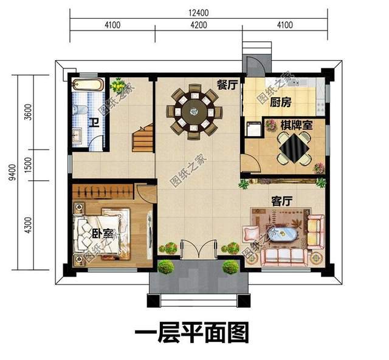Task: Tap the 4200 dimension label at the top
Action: coord(198,25)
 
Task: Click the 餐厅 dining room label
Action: coord(226,85)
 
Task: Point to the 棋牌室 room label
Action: coord(296,126)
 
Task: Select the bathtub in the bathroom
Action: coord(89,86)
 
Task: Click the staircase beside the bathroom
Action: coord(143,139)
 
